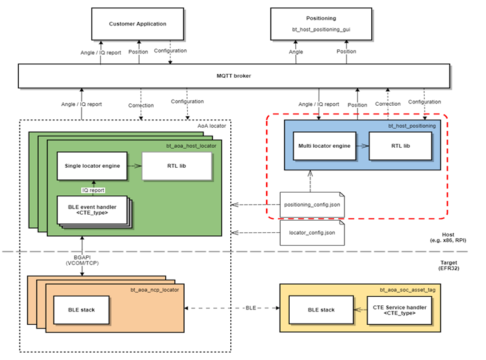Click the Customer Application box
click(137, 24)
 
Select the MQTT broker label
click(234, 76)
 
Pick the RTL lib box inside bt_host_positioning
click(399, 146)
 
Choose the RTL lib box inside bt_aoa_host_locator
click(177, 166)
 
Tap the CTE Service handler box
click(398, 310)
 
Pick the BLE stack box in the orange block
click(82, 310)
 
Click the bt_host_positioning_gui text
click(321, 29)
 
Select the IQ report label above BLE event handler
click(92, 190)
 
